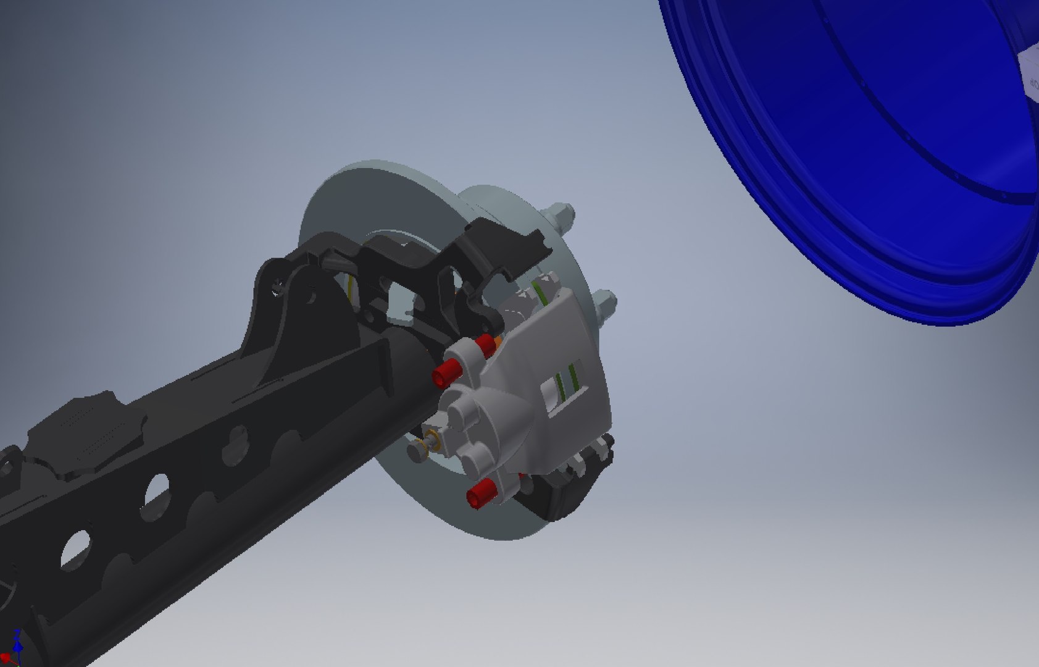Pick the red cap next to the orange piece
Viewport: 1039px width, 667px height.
486,345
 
